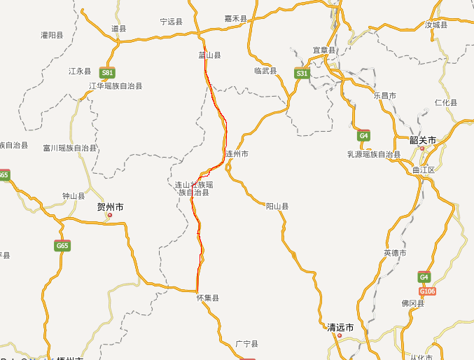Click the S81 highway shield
pos(107,72)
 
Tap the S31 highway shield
pos(302,73)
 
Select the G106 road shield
pos(428,291)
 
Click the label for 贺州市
pos(111,207)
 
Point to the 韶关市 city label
pos(423,140)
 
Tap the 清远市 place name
pos(340,327)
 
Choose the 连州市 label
pos(237,153)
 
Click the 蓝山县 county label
pos(209,55)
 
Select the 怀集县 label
pos(208,298)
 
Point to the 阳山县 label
pos(277,207)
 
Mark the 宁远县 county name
pos(171,22)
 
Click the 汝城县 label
pos(435,25)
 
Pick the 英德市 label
pos(395,252)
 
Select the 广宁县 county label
pos(246,344)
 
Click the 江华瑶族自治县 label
pos(116,86)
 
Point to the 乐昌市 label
pos(385,95)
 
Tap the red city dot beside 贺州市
pos(110,215)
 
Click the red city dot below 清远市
pos(340,335)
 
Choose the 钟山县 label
pos(74,196)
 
